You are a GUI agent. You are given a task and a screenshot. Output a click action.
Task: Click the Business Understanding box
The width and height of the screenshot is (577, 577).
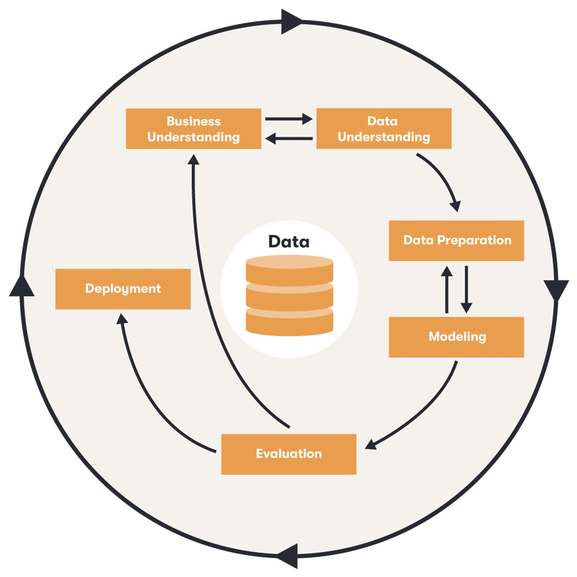[193, 129]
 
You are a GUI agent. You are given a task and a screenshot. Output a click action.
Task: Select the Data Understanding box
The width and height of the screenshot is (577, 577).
[384, 129]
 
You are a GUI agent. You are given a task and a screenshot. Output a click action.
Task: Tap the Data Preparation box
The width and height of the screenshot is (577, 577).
[456, 241]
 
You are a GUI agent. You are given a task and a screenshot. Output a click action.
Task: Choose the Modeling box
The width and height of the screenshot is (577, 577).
[456, 337]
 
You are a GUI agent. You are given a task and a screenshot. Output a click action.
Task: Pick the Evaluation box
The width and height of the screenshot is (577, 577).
[288, 454]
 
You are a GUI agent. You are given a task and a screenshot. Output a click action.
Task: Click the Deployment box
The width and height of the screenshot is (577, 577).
[123, 289]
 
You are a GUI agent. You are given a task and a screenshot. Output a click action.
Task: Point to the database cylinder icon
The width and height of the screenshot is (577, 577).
[289, 295]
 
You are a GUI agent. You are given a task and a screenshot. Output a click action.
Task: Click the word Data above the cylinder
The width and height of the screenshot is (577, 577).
[288, 242]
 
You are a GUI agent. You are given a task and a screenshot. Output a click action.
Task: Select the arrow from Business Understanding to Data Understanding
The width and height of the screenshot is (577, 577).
[288, 119]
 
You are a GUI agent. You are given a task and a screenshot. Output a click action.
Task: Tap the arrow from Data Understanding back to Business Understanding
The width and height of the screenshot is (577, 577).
[288, 138]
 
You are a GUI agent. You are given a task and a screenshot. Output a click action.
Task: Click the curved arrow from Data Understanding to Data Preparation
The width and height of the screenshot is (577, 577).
[444, 179]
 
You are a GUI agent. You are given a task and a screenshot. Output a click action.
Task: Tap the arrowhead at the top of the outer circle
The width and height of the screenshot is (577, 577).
[292, 21]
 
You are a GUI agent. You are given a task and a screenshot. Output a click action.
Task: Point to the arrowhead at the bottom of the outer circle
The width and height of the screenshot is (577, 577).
[286, 556]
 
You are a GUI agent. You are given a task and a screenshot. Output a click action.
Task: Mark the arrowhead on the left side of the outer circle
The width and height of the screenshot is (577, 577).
[21, 286]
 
